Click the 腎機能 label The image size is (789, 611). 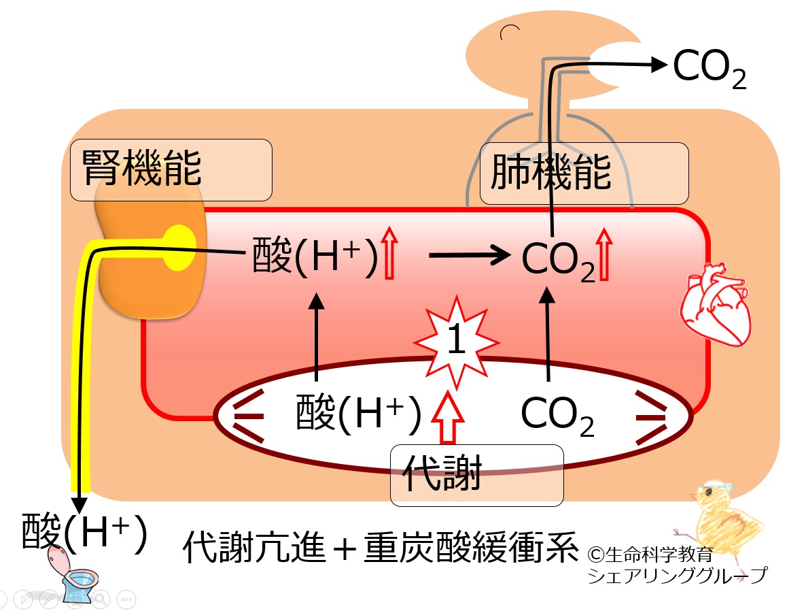click(142, 168)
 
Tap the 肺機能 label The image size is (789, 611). click(550, 172)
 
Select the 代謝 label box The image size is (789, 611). click(476, 475)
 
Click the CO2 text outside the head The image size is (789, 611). click(709, 69)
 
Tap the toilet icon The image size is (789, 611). click(75, 574)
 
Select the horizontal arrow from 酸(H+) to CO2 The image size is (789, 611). click(469, 255)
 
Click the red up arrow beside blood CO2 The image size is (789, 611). click(604, 254)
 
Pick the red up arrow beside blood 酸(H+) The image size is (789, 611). click(389, 252)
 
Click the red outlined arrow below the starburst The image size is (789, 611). click(448, 418)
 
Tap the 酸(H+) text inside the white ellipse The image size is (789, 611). click(358, 414)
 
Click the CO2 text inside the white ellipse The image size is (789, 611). click(557, 416)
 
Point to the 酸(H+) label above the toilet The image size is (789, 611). click(84, 531)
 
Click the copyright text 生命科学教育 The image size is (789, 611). click(650, 555)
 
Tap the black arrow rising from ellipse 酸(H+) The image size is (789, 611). click(316, 337)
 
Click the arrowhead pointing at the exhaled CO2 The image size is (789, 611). click(659, 64)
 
